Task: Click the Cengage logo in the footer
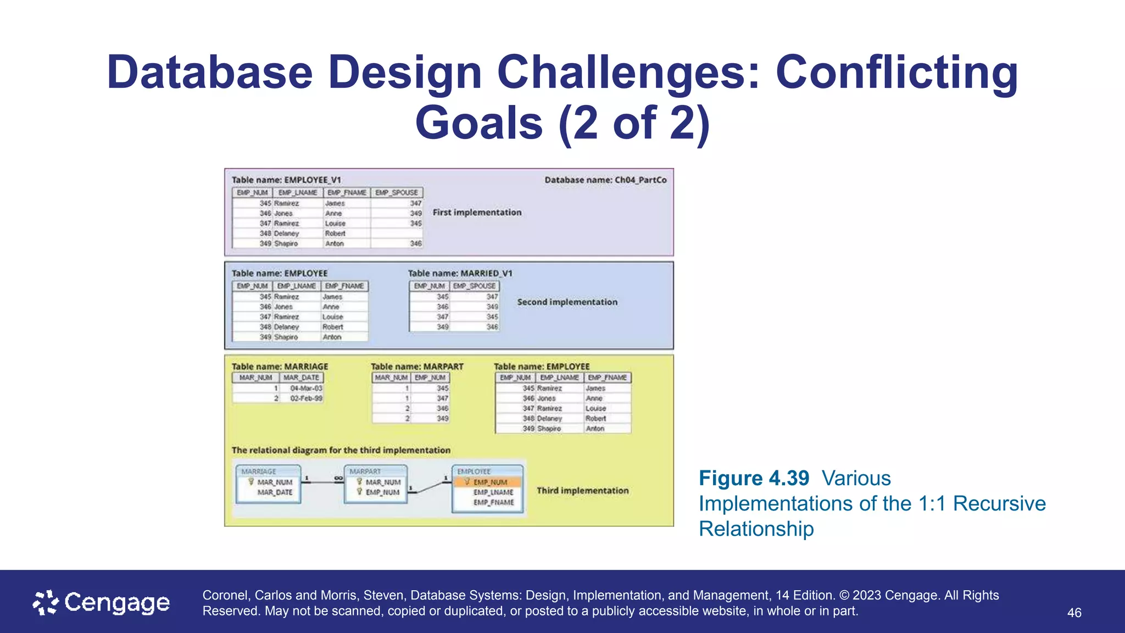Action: pos(102,603)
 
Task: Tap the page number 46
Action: pos(1074,613)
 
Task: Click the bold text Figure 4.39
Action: pos(754,478)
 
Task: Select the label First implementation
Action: pos(477,212)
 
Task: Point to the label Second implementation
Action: pos(567,302)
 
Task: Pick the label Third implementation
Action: pos(582,491)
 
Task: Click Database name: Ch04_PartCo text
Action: pos(605,180)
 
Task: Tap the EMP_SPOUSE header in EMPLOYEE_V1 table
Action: pos(397,193)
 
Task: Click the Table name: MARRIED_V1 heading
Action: pos(460,273)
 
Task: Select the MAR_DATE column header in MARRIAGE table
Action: pos(301,377)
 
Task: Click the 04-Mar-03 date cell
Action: pos(306,388)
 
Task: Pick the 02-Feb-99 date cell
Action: pos(306,398)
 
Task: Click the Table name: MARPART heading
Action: pos(417,367)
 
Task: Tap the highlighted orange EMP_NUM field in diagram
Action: pos(488,482)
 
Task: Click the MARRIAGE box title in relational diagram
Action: pos(259,471)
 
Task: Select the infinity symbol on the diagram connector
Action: pos(338,478)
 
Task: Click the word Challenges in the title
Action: pos(627,73)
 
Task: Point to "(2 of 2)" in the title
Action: pos(634,123)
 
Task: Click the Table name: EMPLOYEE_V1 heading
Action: pos(286,180)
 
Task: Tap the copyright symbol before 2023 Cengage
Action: pos(844,596)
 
